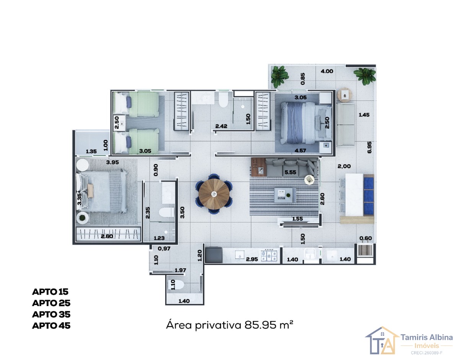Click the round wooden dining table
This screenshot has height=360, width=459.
[x=214, y=194]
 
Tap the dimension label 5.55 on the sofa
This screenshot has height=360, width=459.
[x=290, y=172]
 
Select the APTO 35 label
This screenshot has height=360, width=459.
[x=51, y=315]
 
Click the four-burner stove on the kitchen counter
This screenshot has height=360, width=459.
[x=269, y=255]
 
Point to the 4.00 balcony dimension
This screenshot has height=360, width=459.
[x=327, y=71]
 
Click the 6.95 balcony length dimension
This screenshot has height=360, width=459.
[x=369, y=147]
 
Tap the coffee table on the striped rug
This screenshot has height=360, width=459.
[x=283, y=195]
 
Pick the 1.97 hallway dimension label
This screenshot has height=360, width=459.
[x=180, y=270]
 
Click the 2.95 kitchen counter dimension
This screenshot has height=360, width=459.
[x=252, y=259]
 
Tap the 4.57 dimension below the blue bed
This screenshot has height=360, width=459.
[x=300, y=151]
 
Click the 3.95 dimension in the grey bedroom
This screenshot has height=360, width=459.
[x=112, y=162]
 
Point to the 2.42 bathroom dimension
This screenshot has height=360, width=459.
[x=221, y=126]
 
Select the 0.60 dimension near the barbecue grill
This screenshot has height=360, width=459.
[x=365, y=238]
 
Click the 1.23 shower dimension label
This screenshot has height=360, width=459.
[x=159, y=238]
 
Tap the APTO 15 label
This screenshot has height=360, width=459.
[x=50, y=292]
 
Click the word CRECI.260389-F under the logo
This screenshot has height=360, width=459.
[x=426, y=353]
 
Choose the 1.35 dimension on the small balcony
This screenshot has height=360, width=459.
[x=91, y=151]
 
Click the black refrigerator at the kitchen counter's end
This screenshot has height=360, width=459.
[x=214, y=255]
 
